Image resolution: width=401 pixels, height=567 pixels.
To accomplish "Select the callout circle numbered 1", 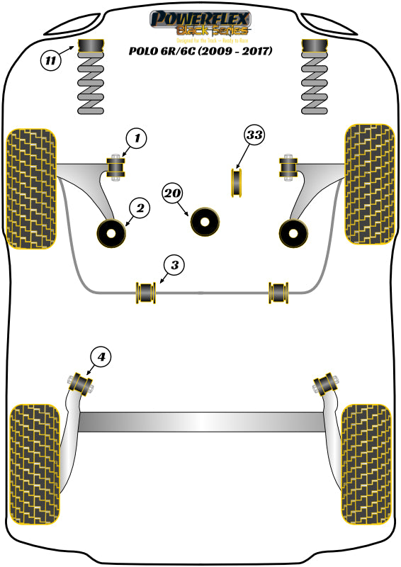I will (x=137, y=138).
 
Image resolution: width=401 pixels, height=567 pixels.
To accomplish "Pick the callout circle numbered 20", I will (x=172, y=192).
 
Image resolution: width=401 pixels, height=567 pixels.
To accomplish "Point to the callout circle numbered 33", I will (x=255, y=135).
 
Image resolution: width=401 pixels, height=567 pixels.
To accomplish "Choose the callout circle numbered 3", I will (x=175, y=265).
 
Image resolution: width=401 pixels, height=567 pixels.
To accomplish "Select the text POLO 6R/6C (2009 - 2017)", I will (x=200, y=51).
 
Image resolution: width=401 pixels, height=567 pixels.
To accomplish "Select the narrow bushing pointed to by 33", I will (x=238, y=182).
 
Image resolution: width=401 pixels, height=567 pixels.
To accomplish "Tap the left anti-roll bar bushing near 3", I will (x=147, y=291).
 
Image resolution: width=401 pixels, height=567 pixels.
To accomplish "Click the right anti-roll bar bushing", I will (x=278, y=291).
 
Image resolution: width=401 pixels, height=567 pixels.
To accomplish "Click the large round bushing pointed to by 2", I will (x=111, y=233).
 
